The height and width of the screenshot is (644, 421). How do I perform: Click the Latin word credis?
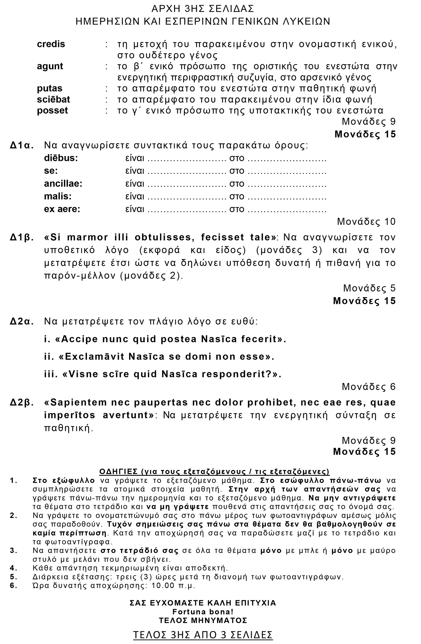(51, 44)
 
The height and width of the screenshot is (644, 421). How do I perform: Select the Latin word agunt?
(50, 66)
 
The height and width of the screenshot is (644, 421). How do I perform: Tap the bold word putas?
(50, 89)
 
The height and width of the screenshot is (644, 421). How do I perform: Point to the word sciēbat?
(54, 99)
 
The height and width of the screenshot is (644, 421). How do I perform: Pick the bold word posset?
(52, 110)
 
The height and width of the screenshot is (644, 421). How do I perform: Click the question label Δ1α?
(22, 146)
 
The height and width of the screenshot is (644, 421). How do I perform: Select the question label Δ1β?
(22, 237)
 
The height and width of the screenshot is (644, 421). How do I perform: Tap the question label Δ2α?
(22, 322)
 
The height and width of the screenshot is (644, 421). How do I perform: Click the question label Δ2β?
(22, 403)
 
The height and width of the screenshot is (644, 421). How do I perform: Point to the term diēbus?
(61, 158)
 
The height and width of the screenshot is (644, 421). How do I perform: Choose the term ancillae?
(63, 184)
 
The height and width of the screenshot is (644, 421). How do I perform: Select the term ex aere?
(62, 209)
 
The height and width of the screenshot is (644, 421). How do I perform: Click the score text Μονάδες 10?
(366, 222)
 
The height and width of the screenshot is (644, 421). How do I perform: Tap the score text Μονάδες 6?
(369, 387)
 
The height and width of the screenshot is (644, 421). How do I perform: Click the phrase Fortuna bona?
(203, 611)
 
